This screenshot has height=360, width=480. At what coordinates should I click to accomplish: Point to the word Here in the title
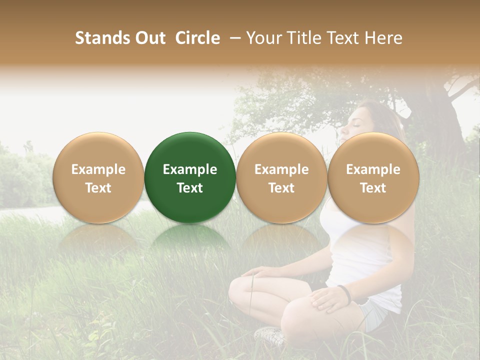click(383, 38)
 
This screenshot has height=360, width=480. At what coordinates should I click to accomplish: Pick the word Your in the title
click(263, 38)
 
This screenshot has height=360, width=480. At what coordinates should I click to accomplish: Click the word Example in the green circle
click(190, 169)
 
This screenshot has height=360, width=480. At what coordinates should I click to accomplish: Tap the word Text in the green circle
click(190, 188)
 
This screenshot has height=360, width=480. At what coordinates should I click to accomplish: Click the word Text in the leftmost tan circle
click(98, 188)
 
